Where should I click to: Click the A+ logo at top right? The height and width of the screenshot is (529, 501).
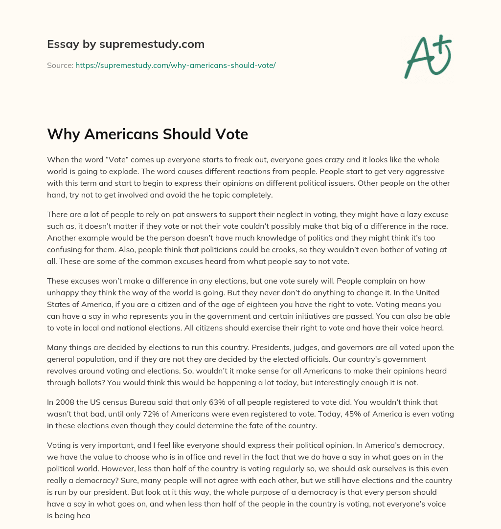[x=427, y=57]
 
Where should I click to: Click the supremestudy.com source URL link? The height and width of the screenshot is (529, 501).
[x=175, y=65]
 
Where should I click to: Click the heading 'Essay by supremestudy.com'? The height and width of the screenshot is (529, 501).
[x=126, y=44]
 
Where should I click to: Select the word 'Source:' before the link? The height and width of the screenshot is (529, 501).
[x=60, y=65]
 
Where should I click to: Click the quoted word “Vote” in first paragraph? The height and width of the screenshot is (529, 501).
[x=118, y=160]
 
